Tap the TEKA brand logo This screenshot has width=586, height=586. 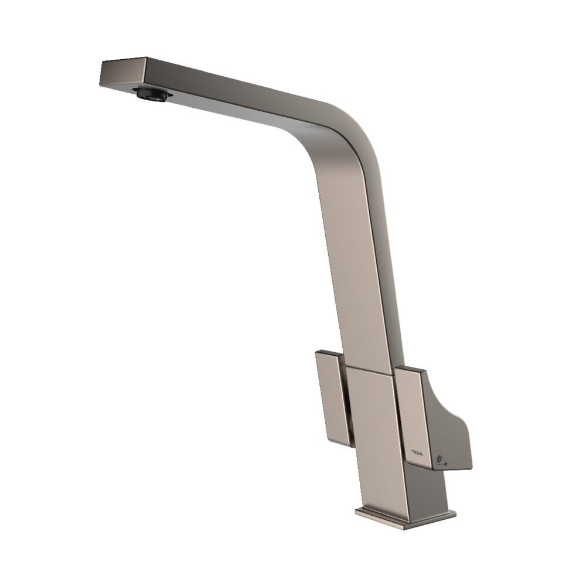417,453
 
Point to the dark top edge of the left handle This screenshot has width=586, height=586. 328,354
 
